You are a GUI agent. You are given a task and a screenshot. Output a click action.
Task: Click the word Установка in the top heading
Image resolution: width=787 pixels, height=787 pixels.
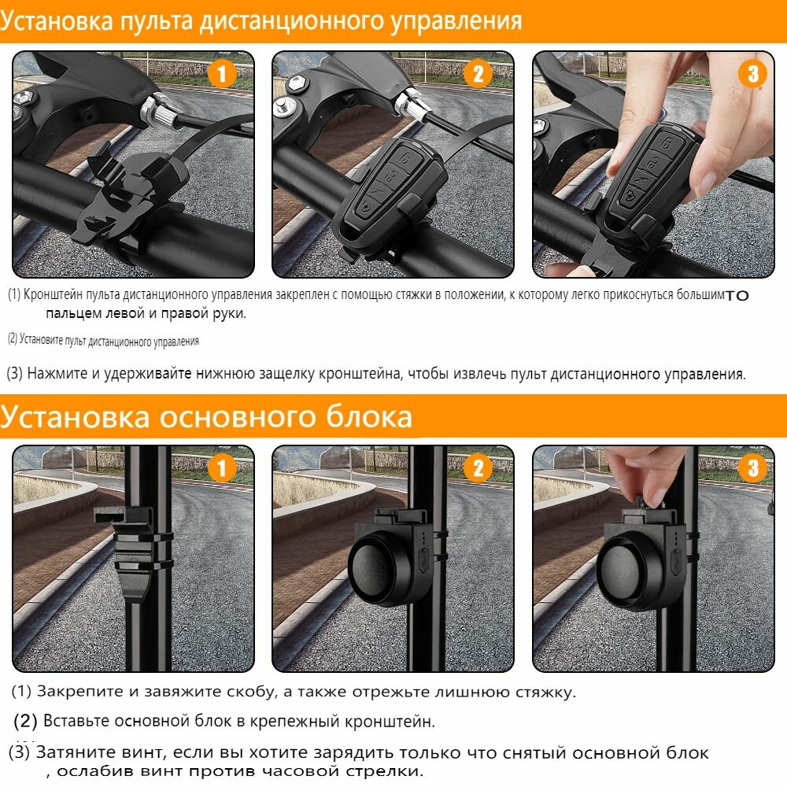click(x=57, y=21)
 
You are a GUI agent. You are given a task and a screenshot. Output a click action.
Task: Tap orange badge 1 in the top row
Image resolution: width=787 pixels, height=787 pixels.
click(x=221, y=74)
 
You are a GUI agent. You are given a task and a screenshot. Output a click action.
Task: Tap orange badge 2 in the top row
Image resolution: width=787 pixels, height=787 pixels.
click(x=478, y=74)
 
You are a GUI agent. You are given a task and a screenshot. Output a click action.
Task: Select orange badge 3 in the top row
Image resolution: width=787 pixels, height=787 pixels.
click(x=752, y=74)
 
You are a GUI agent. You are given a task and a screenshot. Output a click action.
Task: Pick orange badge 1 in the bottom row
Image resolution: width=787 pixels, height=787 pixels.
click(x=221, y=468)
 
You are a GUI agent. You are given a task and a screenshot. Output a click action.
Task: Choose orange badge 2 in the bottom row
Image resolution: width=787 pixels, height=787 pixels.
click(x=478, y=468)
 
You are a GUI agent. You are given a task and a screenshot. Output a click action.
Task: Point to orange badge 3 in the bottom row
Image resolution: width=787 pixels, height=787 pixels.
click(x=752, y=468)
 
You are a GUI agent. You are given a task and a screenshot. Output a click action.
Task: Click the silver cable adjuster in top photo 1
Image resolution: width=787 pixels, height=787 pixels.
click(x=160, y=113)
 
